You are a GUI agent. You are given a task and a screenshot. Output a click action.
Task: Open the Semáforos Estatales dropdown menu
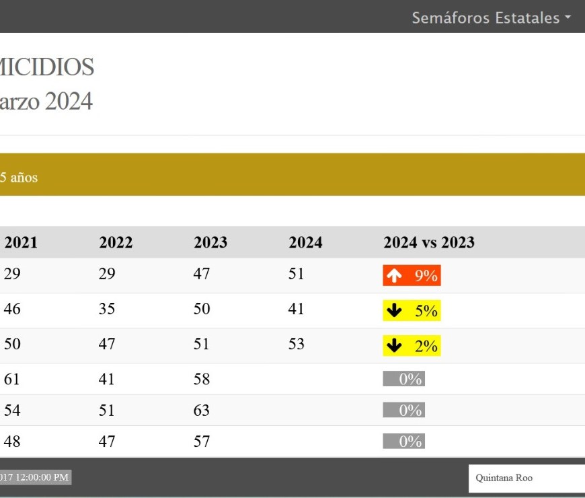tap(492, 18)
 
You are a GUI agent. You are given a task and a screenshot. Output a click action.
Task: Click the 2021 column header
tap(21, 242)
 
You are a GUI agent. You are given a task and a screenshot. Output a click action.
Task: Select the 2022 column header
tap(116, 242)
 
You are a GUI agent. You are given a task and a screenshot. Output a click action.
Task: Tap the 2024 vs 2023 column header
tap(429, 242)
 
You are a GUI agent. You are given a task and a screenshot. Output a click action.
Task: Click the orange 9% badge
tap(412, 275)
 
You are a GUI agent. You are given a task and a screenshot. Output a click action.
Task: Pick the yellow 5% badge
tap(412, 310)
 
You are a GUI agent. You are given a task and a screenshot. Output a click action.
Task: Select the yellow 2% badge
tap(412, 346)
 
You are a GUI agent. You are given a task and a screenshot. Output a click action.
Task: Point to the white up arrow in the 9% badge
tap(395, 275)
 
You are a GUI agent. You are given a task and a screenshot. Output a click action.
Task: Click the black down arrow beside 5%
tap(395, 310)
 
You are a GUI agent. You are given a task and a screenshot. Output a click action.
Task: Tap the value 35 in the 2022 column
tap(107, 309)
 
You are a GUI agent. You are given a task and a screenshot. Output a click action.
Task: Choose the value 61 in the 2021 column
tap(12, 379)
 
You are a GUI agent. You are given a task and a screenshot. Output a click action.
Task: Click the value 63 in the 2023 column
tap(202, 411)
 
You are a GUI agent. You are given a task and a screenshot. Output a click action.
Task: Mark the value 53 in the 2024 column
tap(297, 344)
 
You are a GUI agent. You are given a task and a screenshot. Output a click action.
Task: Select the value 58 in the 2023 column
tap(202, 379)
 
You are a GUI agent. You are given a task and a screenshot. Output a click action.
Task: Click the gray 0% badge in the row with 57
tap(404, 441)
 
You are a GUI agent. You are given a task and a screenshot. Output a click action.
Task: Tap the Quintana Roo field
tap(526, 478)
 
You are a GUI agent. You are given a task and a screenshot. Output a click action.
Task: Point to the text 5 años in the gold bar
tap(19, 178)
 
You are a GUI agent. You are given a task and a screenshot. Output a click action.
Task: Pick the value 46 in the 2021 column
tap(12, 309)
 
